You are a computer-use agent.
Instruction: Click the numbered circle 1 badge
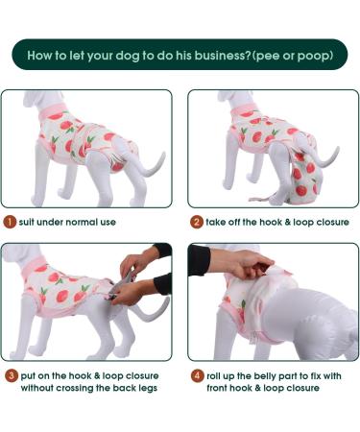click(9, 222)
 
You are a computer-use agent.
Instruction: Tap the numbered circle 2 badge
click(196, 222)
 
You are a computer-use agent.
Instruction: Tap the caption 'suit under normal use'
click(68, 222)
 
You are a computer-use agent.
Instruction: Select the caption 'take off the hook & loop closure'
click(277, 222)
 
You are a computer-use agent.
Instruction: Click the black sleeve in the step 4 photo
click(199, 257)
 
